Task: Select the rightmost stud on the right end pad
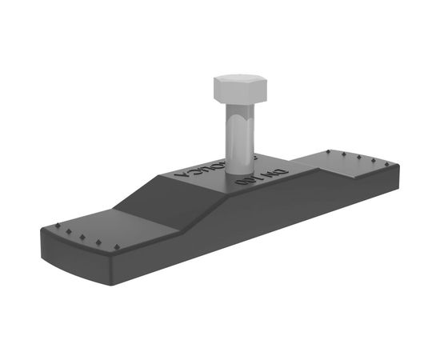pyautogui.click(x=390, y=162)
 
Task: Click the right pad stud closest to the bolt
pyautogui.click(x=328, y=150)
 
